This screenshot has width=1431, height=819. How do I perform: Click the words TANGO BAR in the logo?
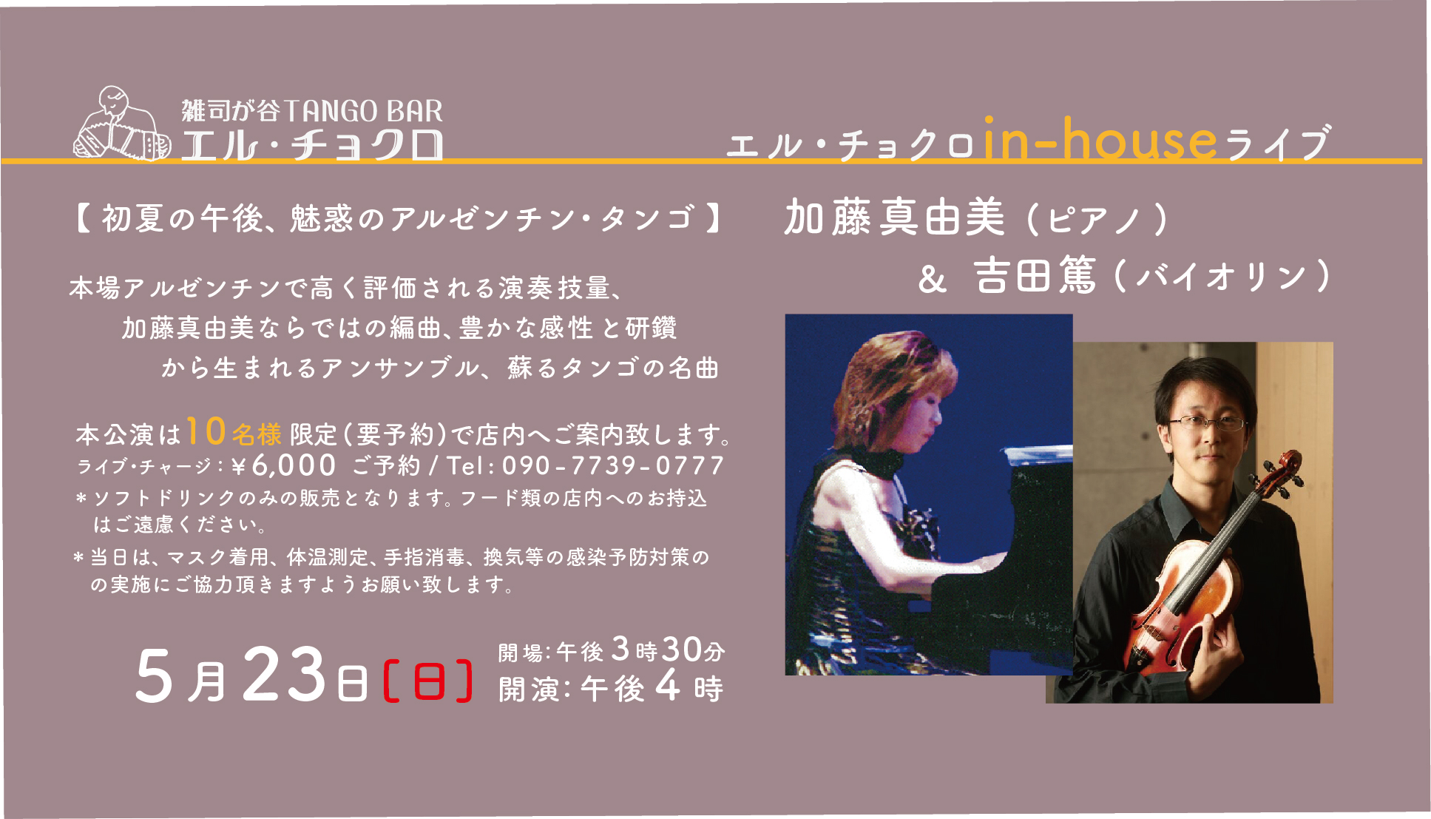tap(363, 111)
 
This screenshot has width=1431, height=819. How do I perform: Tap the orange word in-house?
tap(1100, 140)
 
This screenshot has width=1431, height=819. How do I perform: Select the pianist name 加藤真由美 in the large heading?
tap(895, 218)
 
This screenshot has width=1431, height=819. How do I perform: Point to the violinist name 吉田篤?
tap(1035, 276)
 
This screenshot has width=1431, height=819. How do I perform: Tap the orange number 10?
tap(206, 431)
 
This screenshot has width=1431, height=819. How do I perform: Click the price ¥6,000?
tap(284, 466)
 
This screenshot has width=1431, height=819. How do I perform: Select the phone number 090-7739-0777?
tap(613, 466)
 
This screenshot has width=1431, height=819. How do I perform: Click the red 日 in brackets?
tap(429, 681)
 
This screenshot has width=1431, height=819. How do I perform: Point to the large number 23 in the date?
tap(284, 675)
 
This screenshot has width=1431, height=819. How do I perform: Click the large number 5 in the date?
tap(154, 676)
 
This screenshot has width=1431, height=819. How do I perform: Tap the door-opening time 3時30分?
tap(669, 650)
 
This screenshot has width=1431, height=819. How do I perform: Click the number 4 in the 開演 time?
tap(667, 687)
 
